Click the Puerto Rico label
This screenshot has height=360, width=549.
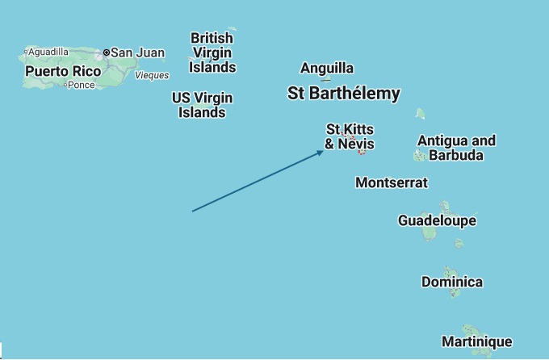(63, 71)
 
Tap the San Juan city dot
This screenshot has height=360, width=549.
(106, 53)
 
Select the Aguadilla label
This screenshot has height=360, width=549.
(48, 52)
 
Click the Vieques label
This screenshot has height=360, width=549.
(152, 75)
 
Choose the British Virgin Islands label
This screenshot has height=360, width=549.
(212, 52)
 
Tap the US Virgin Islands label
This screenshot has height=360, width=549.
(202, 105)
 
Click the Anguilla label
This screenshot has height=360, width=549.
(327, 68)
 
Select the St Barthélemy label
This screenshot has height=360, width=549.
(344, 94)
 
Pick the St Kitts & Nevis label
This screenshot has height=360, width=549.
(350, 136)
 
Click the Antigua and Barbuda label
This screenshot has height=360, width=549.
(456, 148)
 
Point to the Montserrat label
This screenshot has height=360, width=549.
(392, 182)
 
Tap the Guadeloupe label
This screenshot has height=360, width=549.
(437, 220)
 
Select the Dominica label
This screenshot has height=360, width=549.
(452, 282)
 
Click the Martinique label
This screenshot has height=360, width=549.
(476, 341)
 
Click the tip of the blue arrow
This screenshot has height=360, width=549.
(325, 149)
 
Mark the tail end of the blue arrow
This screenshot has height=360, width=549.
(192, 211)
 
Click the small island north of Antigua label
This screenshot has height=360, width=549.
(421, 114)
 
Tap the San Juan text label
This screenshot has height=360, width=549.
(137, 53)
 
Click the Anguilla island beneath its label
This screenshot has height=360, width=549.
(326, 80)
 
